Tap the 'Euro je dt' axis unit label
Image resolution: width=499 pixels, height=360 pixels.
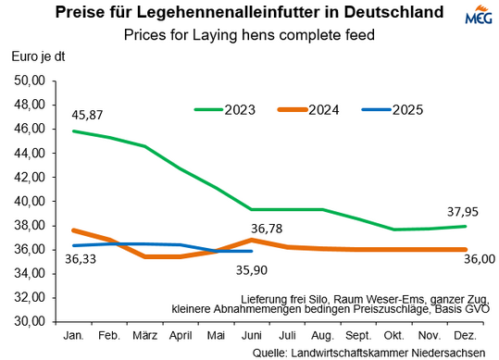coord(37,57)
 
